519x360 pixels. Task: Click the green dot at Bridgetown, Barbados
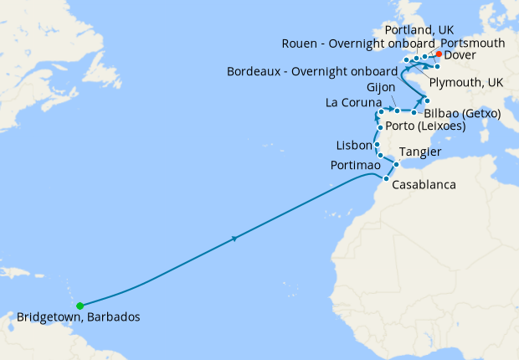80,306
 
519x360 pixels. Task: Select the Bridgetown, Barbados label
79,318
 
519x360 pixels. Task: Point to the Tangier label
420,152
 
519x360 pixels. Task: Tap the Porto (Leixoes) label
425,126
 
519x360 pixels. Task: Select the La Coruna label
352,103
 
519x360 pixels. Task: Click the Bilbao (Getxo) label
462,113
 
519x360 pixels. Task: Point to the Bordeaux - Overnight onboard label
314,71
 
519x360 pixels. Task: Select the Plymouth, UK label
465,82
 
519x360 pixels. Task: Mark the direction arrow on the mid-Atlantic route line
234,239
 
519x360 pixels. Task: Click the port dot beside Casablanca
385,178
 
